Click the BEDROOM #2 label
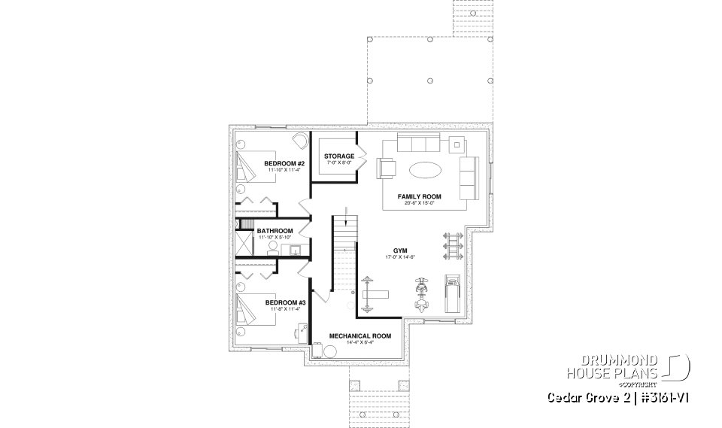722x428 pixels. [x=284, y=163]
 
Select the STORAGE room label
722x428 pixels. [x=339, y=156]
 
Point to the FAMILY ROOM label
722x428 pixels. [x=420, y=196]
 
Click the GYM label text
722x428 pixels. [x=399, y=250]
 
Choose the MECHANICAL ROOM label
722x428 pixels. [x=360, y=336]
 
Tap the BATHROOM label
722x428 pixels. [x=275, y=231]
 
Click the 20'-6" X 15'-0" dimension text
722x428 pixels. [x=420, y=203]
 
